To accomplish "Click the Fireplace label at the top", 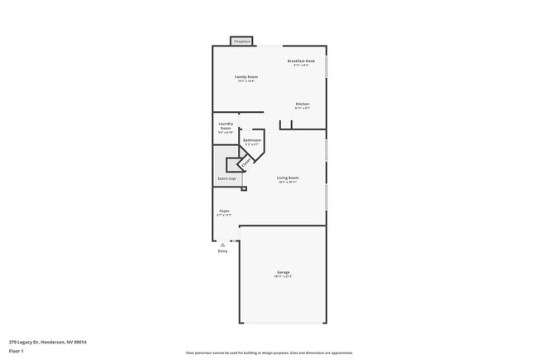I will coord(242,41).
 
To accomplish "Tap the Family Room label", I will coord(246,77).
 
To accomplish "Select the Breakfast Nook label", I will coord(301,61).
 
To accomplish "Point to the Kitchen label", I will coord(303,104).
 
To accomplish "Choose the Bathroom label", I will coord(252,140).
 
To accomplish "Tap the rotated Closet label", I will coord(245,162).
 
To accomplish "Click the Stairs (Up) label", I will coord(227,178).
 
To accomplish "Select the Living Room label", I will coord(288,178).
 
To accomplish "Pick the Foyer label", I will coord(224,211).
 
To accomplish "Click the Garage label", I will coord(284,272).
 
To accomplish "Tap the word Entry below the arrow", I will coord(223,251).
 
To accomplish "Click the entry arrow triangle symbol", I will coord(223,245).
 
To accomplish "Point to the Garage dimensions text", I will coord(284,276).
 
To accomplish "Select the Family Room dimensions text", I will coord(246,81).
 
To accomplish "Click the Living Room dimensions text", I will coord(288,182).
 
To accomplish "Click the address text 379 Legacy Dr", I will coord(48,342).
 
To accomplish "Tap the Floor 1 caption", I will coord(17,352).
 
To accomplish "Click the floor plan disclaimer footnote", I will coord(269,353).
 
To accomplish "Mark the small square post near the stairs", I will coord(244,189).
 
